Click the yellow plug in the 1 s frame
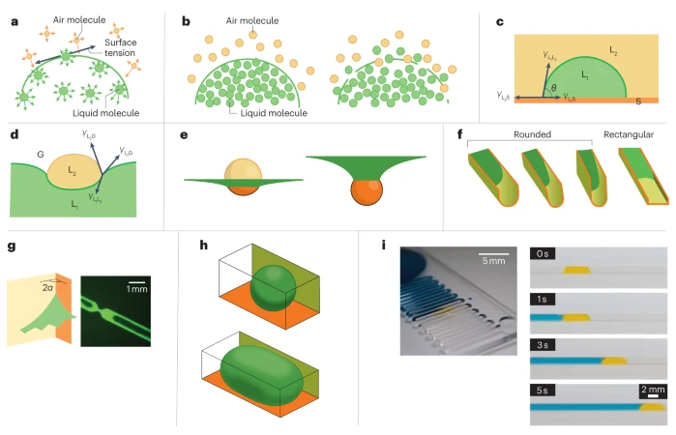[576, 316]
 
